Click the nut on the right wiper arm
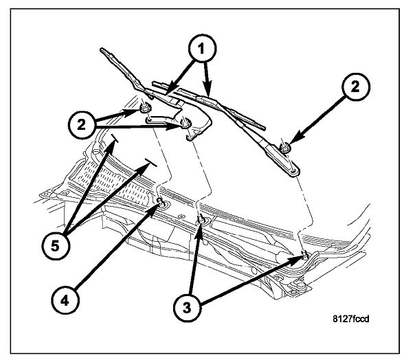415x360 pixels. coord(286,146)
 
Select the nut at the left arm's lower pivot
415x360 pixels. coord(186,124)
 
